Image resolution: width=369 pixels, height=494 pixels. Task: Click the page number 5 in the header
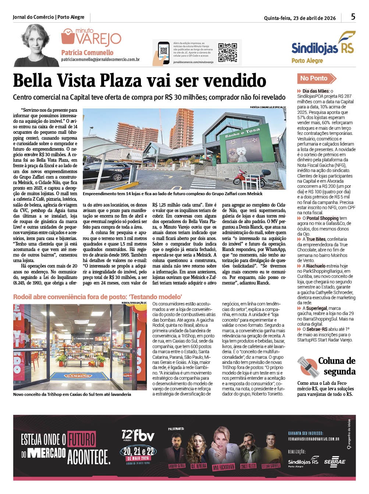(353, 17)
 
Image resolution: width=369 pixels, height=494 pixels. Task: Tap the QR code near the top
(227, 53)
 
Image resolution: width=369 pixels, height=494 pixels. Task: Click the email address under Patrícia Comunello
(100, 60)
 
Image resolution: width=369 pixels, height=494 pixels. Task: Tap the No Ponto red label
(315, 78)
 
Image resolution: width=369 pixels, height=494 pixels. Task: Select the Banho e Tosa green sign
(242, 133)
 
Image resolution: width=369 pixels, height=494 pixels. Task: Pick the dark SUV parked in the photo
(107, 173)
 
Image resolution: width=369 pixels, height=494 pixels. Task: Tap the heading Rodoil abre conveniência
(97, 297)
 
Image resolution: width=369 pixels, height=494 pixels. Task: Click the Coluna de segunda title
(337, 366)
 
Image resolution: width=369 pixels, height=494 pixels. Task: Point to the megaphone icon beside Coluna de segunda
(308, 366)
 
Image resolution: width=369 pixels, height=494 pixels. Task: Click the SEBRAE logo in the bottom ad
(334, 462)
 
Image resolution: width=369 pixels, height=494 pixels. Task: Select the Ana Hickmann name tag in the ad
(223, 467)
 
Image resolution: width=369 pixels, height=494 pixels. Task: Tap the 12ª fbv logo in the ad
(138, 436)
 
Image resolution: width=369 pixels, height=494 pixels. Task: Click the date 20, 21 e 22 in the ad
(138, 451)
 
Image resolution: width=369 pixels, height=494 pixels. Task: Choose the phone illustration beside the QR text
(163, 53)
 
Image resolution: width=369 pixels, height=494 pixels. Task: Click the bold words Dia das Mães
(316, 91)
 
